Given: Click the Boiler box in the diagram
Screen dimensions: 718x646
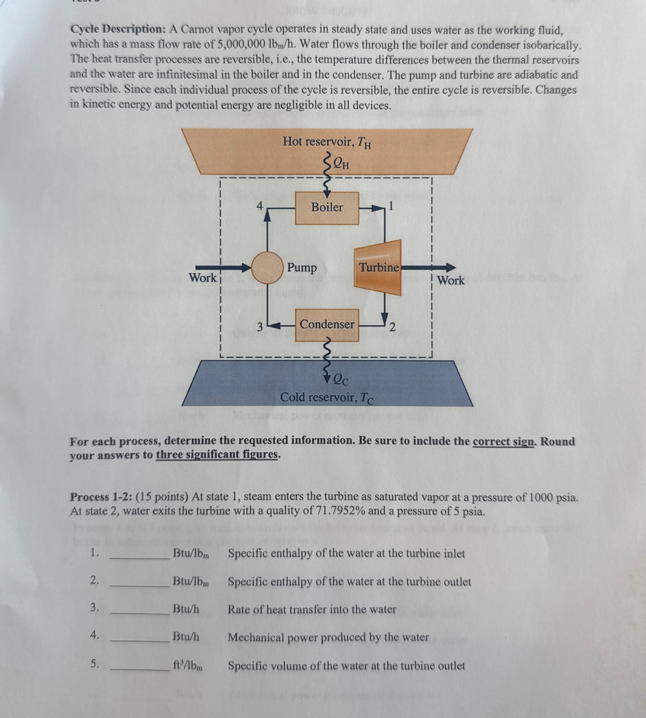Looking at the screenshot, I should [327, 208].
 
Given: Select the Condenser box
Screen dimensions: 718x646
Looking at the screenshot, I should [327, 325].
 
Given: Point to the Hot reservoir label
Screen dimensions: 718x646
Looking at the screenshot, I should [327, 142].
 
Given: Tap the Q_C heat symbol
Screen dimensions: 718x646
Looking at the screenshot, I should [341, 380].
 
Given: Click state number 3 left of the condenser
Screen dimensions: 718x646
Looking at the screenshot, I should [260, 326].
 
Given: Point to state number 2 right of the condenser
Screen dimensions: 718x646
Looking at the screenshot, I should [392, 326].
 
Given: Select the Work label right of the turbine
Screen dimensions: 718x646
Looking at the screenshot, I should [450, 280].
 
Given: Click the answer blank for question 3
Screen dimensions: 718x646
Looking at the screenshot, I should [139, 610].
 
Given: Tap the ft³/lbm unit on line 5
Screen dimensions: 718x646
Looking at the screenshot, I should [188, 666].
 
